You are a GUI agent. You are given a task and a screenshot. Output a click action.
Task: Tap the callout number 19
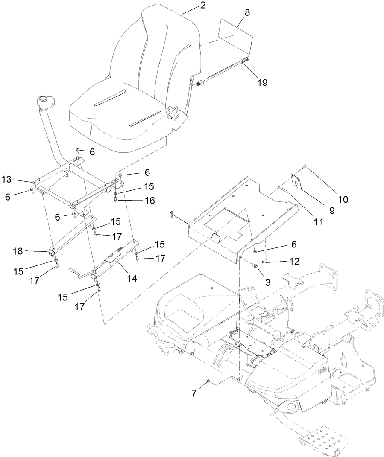262,82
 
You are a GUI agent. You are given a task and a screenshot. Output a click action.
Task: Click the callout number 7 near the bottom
194,393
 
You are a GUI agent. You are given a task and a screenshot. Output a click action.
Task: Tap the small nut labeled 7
208,380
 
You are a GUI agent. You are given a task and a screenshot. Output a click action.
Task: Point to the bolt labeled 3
255,267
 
